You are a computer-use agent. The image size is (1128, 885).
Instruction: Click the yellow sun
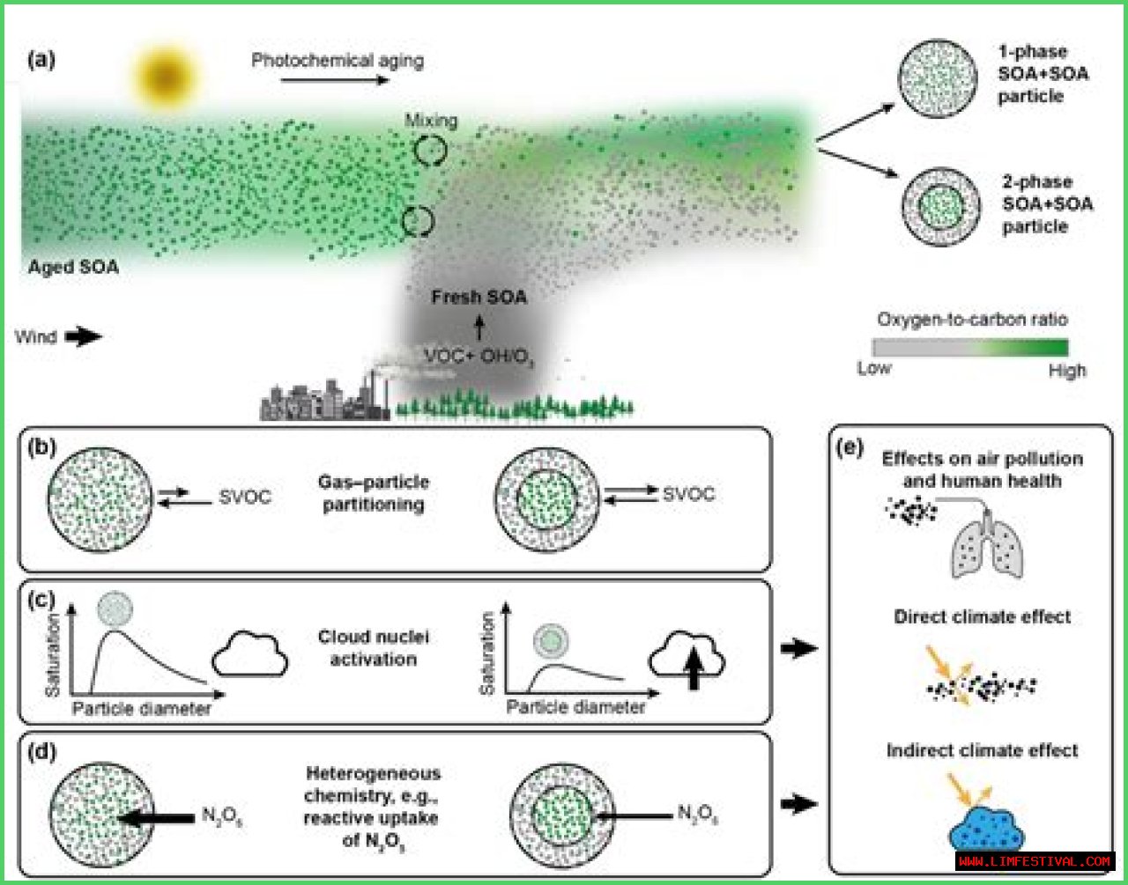point(166,76)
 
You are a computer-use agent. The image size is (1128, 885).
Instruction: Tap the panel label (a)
point(41,60)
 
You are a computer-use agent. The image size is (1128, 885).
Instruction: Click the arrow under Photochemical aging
point(335,80)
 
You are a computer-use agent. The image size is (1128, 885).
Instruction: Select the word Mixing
point(431,121)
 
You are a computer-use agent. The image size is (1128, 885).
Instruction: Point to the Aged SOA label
point(73,267)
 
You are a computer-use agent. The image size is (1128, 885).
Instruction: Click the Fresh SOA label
point(479,298)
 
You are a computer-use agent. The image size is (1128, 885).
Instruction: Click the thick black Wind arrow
point(84,336)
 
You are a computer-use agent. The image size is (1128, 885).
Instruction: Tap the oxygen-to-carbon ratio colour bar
point(970,347)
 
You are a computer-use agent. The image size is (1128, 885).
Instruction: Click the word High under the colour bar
point(1066,371)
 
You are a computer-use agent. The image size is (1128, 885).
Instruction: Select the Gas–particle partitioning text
point(374,493)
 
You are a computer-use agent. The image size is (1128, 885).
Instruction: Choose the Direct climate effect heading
point(982,617)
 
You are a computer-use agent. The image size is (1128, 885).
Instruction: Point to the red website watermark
point(1035,861)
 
